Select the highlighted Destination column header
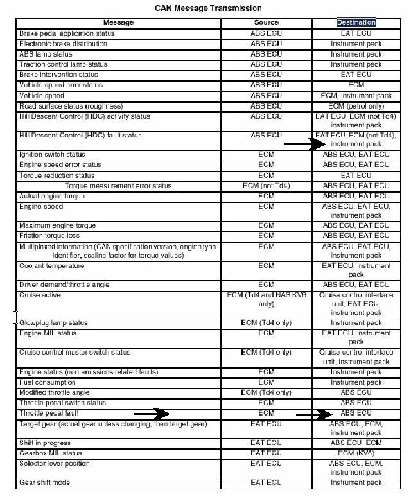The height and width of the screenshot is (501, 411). pyautogui.click(x=356, y=23)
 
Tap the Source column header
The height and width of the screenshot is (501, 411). pyautogui.click(x=266, y=23)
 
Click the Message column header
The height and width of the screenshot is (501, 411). pyautogui.click(x=118, y=23)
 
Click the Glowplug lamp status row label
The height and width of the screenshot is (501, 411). pyautogui.click(x=53, y=322)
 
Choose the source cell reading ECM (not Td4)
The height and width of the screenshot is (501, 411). pyautogui.click(x=266, y=186)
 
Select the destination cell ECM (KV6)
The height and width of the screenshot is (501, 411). pyautogui.click(x=356, y=453)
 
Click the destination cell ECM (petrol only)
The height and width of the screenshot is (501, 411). pyautogui.click(x=356, y=105)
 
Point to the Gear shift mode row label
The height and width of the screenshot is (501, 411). pyautogui.click(x=45, y=482)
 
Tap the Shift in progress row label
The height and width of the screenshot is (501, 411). pyautogui.click(x=45, y=443)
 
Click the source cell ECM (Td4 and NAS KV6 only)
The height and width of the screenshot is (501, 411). pyautogui.click(x=266, y=299)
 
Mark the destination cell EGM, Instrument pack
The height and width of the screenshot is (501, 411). pyautogui.click(x=356, y=95)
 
